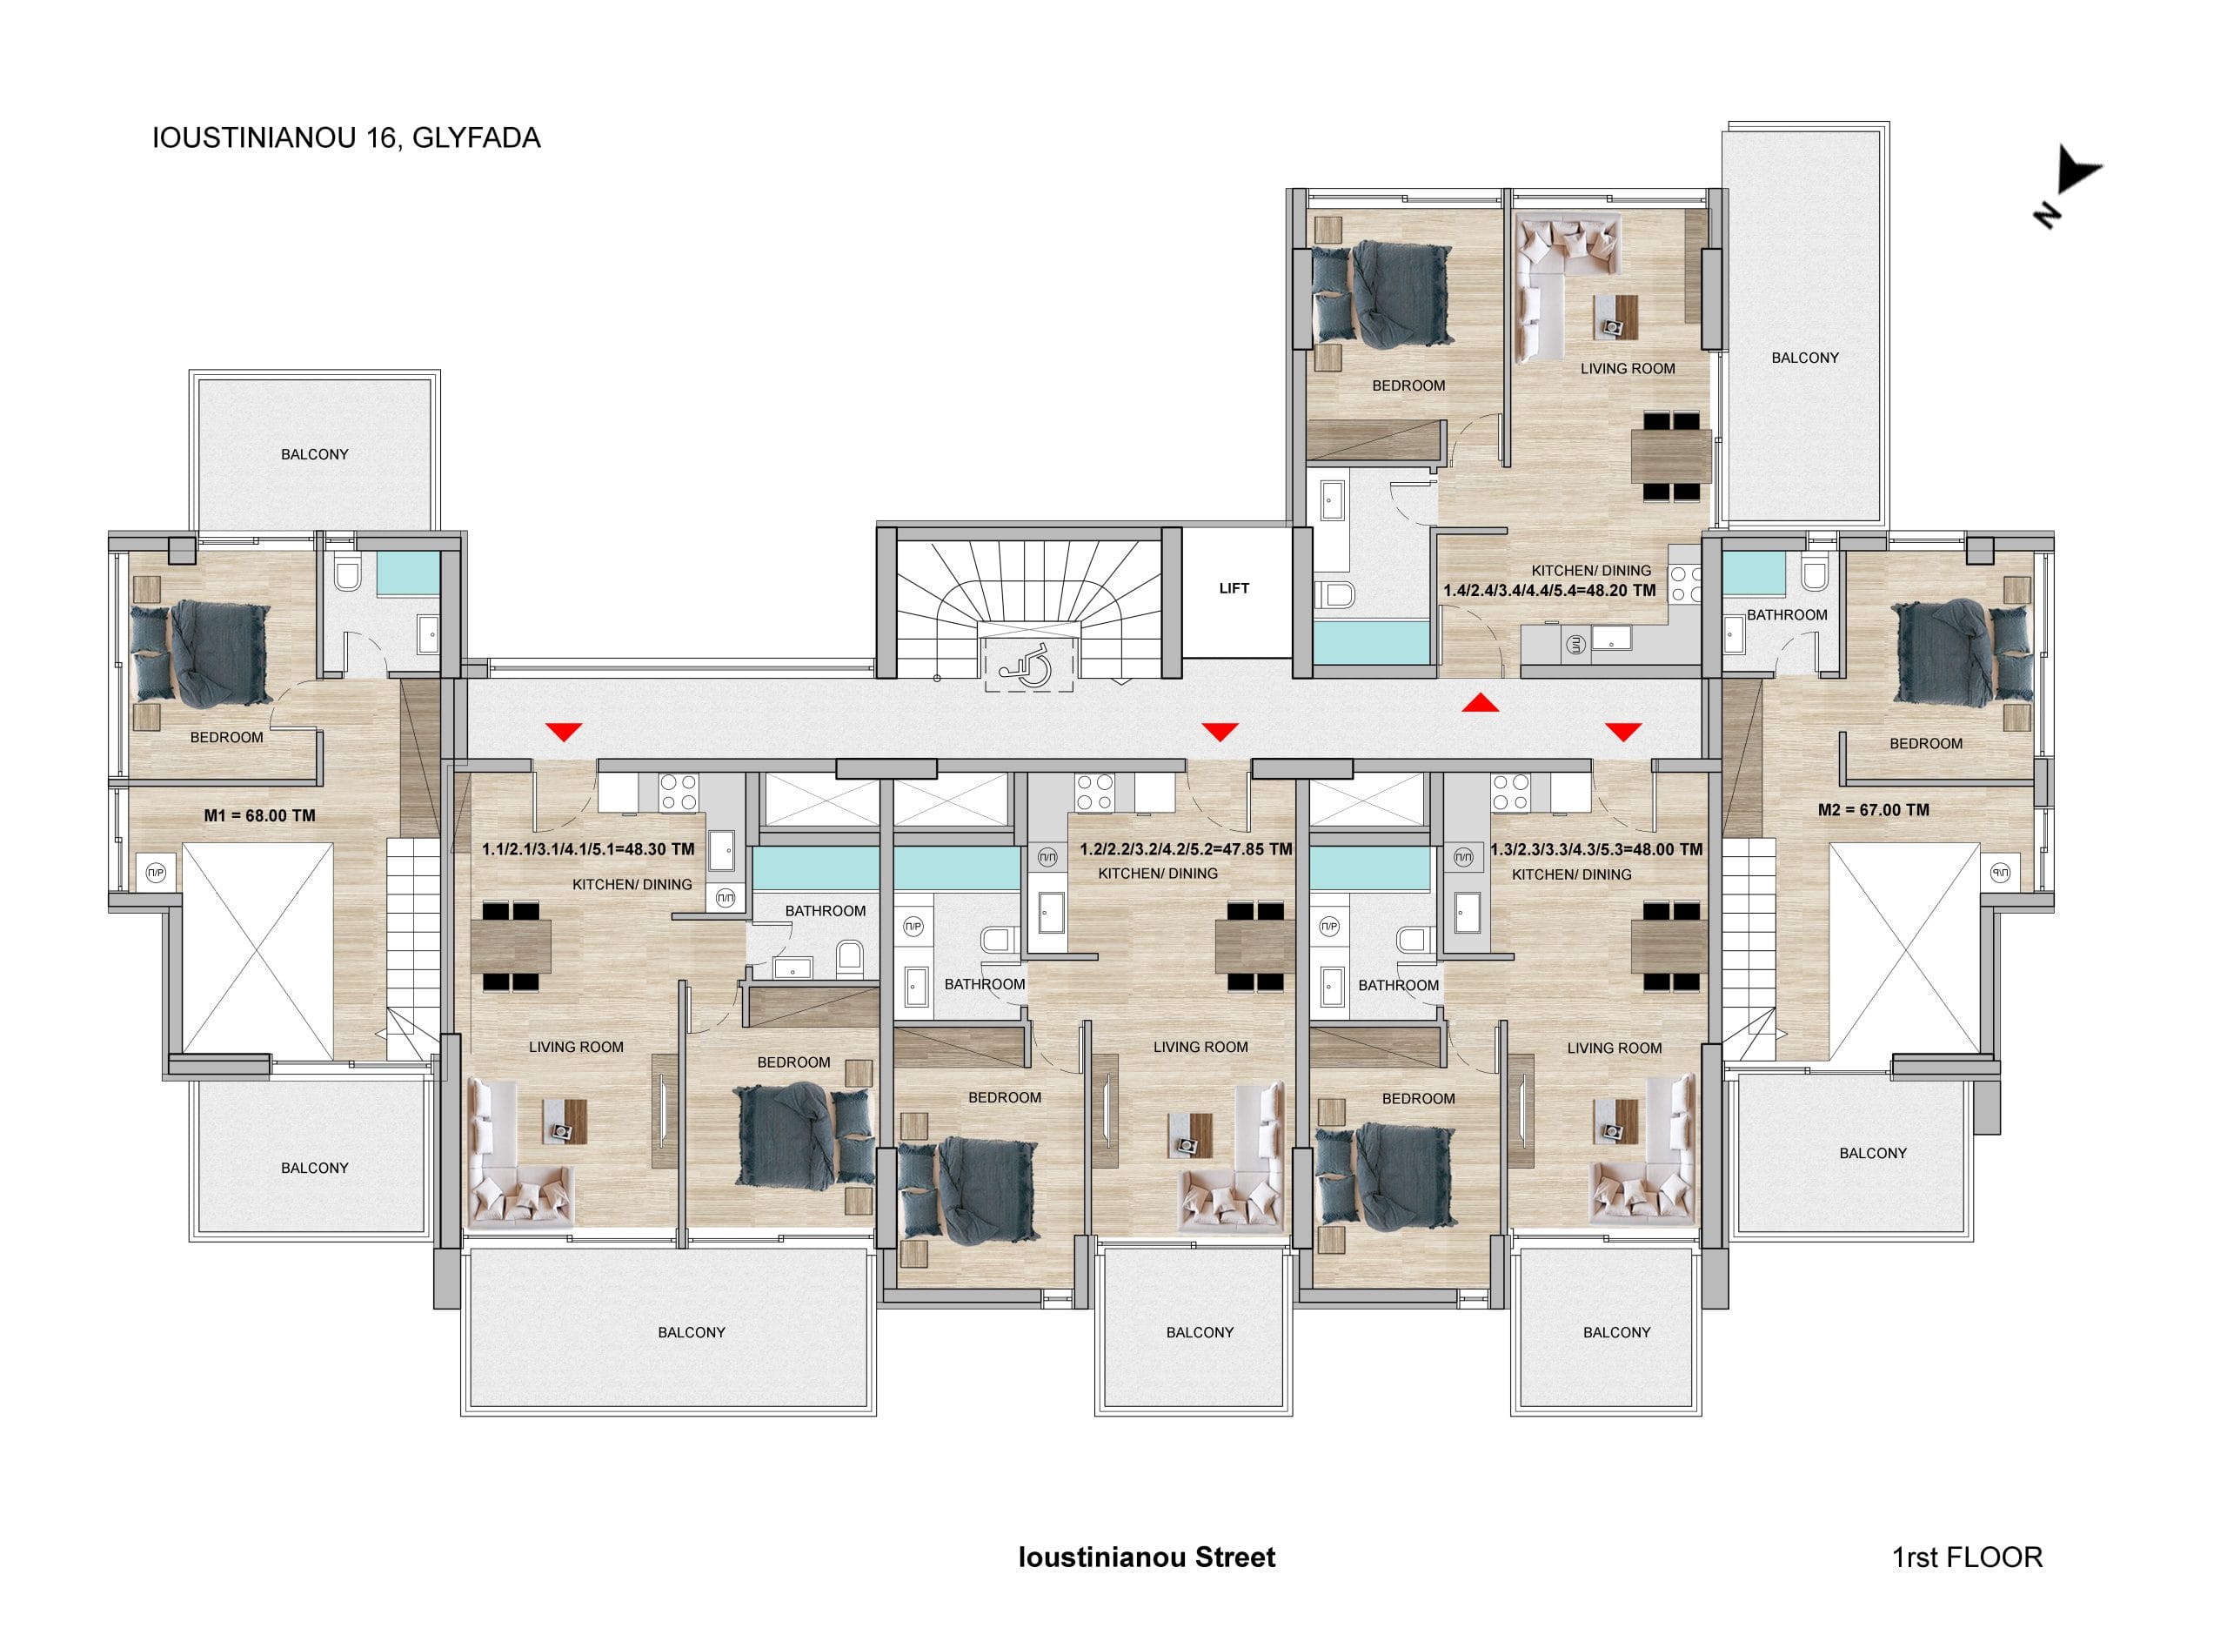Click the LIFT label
coord(1234,588)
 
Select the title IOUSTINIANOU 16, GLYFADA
coord(346,137)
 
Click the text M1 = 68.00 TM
coord(259,815)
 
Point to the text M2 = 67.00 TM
coord(1873,810)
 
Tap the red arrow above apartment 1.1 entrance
coord(564,733)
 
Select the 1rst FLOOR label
coord(1967,1558)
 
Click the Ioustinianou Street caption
coord(1147,1558)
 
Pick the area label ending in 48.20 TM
coord(1550,591)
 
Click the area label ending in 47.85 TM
coord(1186,850)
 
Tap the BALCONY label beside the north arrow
coord(1805,357)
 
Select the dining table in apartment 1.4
coord(1670,456)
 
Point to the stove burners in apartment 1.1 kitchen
coord(679,792)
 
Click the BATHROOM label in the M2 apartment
coord(1787,614)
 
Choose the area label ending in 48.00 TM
coord(1596,850)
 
